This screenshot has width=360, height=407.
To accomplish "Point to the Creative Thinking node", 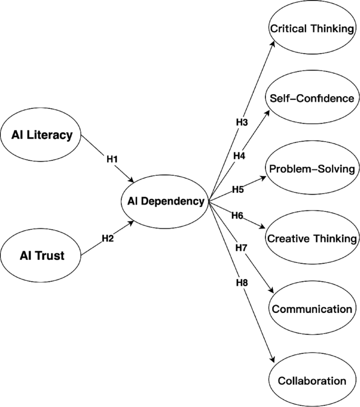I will (x=312, y=239).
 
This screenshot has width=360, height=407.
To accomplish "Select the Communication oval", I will (x=312, y=309).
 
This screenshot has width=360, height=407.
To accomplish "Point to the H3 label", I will (x=241, y=122).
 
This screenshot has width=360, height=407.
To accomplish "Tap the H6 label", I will (x=237, y=216).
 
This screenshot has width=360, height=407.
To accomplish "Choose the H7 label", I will (x=241, y=247).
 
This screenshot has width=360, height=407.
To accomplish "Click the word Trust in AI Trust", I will (x=51, y=256).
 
